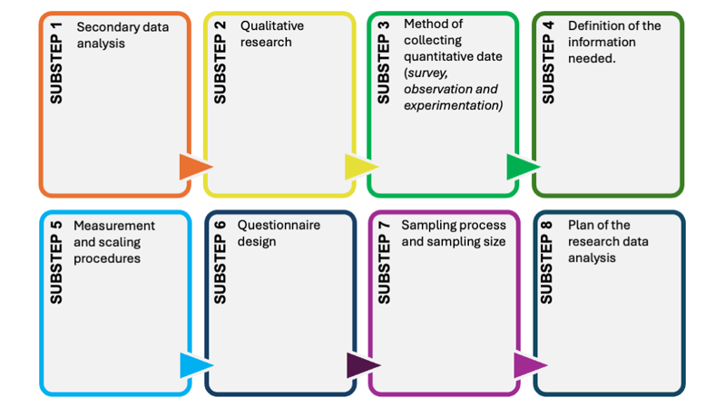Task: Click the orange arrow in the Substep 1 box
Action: coord(193,167)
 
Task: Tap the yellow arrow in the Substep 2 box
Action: coord(359,167)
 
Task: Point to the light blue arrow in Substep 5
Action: coord(193,365)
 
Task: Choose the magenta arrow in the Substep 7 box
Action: coord(527,365)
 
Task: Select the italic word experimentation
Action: coord(452,105)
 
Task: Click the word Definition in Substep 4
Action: coord(595,25)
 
